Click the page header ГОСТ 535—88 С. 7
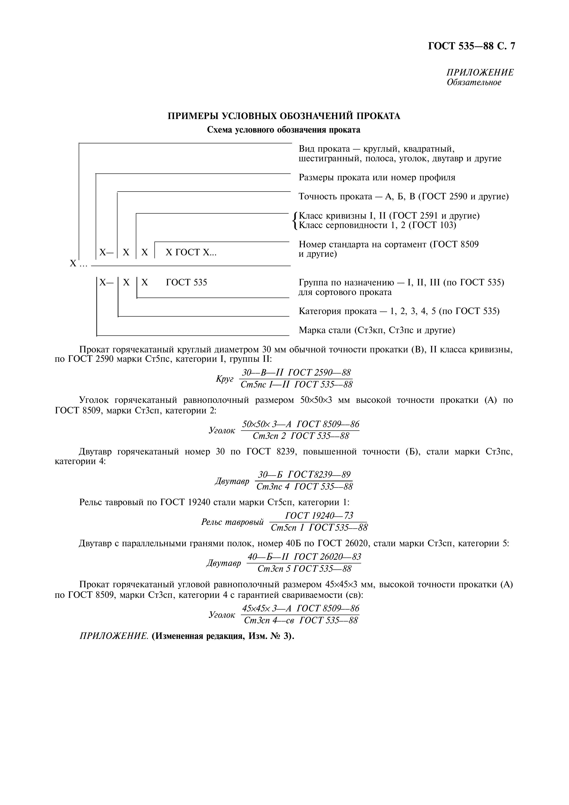(x=471, y=46)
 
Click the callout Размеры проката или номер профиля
(x=377, y=177)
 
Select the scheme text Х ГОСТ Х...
(x=191, y=252)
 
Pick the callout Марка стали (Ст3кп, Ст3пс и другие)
(x=377, y=330)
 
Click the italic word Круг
(x=224, y=379)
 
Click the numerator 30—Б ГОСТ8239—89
(x=304, y=475)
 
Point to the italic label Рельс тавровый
(x=232, y=522)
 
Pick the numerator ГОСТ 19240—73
(x=319, y=515)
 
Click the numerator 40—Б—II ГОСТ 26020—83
(x=304, y=557)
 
